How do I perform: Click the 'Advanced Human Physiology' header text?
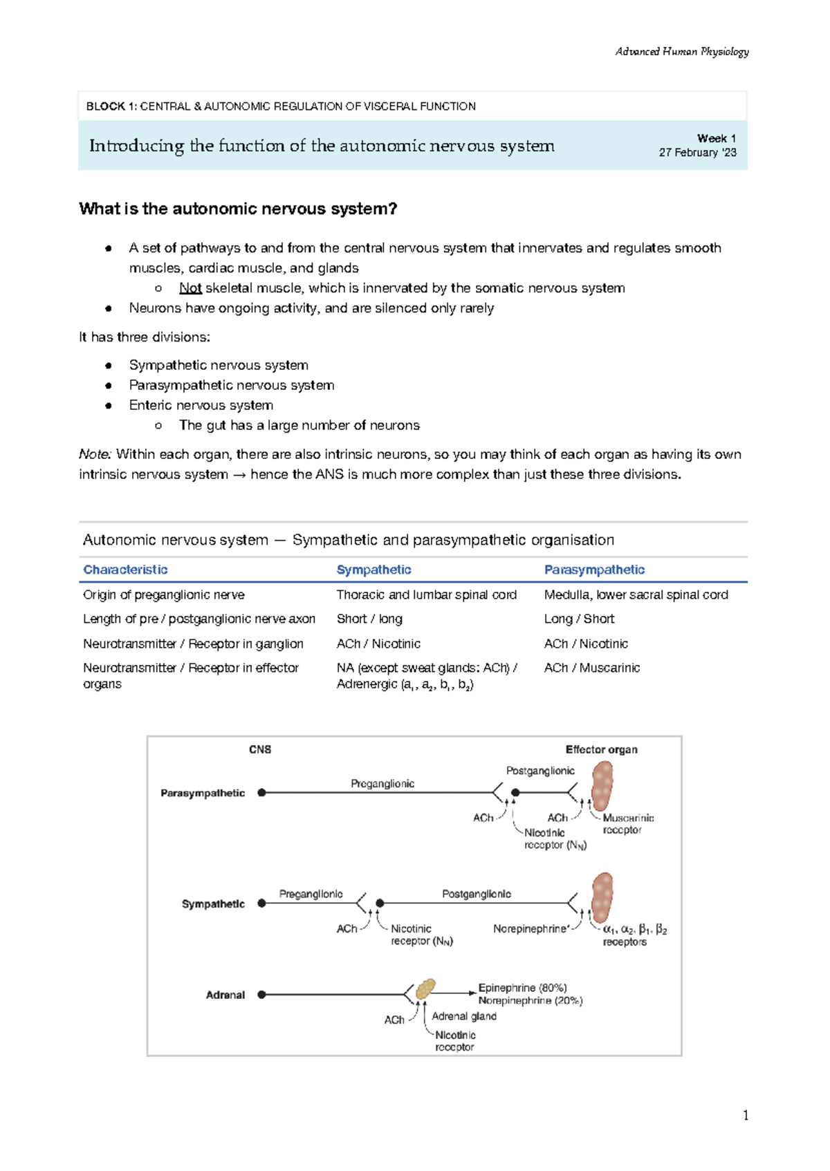point(681,52)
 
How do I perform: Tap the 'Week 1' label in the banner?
point(716,138)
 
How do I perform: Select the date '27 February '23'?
point(697,153)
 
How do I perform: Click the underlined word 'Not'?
point(190,288)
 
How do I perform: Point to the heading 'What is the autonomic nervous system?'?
point(238,209)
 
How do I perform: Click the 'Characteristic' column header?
point(125,570)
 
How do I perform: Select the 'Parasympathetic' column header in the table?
point(594,570)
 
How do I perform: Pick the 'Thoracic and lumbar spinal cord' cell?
point(426,594)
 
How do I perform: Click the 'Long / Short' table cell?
point(579,619)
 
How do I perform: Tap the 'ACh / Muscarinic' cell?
point(591,668)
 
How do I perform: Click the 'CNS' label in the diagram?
point(260,749)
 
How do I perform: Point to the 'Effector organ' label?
point(601,749)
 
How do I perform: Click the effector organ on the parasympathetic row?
point(602,786)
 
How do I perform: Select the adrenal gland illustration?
point(425,989)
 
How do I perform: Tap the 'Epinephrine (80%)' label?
point(522,988)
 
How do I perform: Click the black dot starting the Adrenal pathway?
point(261,995)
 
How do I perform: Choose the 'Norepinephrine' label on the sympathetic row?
point(531,929)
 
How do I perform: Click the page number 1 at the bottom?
point(745,1114)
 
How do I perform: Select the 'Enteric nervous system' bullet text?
point(201,405)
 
